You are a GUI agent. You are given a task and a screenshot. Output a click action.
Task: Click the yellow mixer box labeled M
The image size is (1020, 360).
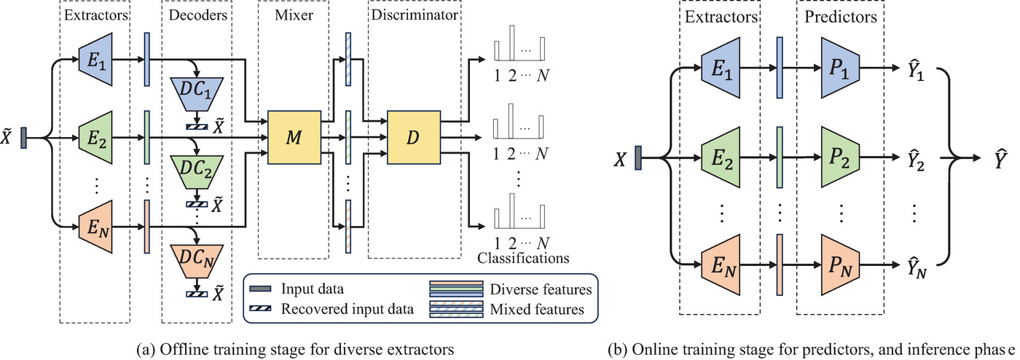click(294, 136)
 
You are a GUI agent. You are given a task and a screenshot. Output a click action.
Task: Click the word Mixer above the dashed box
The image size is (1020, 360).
click(293, 15)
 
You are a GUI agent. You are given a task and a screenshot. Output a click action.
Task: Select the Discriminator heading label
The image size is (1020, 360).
click(414, 15)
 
